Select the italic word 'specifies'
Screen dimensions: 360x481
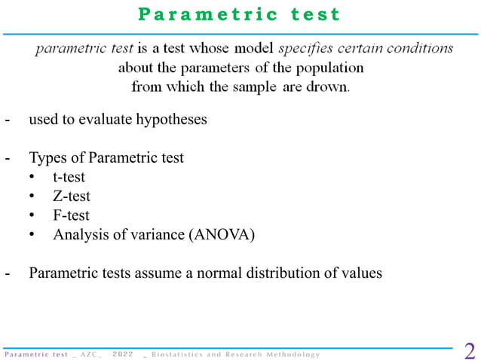(306, 49)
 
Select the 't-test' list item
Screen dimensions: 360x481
(69, 178)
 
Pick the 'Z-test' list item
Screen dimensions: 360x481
(72, 197)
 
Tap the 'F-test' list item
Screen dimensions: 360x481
(71, 215)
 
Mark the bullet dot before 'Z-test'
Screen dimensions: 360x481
(32, 197)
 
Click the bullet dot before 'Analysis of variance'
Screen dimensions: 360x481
(32, 234)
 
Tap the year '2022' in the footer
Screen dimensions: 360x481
(122, 354)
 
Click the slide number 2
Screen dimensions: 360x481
(469, 351)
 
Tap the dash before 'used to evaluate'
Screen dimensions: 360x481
(8, 119)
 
